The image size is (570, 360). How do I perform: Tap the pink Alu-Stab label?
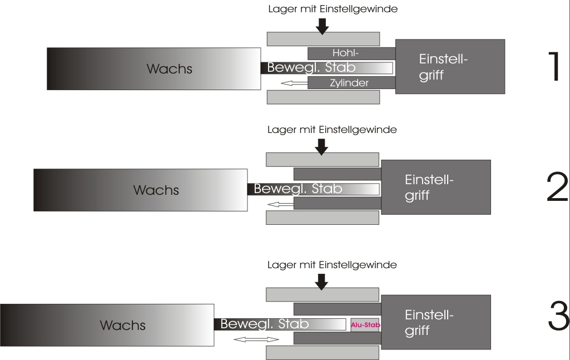[365, 324]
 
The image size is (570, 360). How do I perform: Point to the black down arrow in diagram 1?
[321, 24]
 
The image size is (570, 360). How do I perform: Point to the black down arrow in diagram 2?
[321, 146]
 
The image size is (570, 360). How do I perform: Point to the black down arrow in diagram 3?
[321, 282]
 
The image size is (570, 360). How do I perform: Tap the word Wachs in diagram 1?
[169, 70]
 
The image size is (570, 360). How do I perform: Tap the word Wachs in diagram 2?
[156, 190]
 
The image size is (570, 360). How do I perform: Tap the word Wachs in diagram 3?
[122, 326]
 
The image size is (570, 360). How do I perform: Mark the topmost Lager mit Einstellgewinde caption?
[333, 9]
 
